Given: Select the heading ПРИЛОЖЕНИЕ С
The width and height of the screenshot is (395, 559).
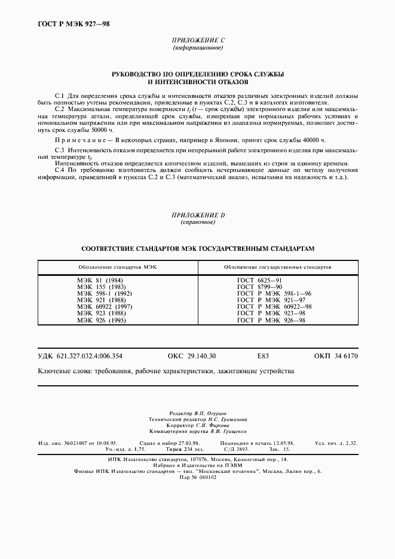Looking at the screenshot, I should point(197,40).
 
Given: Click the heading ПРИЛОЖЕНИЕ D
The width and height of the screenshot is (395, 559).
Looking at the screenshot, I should point(197,214).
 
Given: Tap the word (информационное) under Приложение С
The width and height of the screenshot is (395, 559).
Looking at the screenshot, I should point(197,48).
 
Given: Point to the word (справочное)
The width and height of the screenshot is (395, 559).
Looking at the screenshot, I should point(197,222).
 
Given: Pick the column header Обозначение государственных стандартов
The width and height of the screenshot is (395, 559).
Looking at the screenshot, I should point(278,267).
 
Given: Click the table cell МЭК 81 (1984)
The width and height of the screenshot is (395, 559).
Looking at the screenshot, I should point(100,280).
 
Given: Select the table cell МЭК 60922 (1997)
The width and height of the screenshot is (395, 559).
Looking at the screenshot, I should point(105,307).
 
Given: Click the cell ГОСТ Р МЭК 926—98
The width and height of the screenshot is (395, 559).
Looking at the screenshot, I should point(271,320).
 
